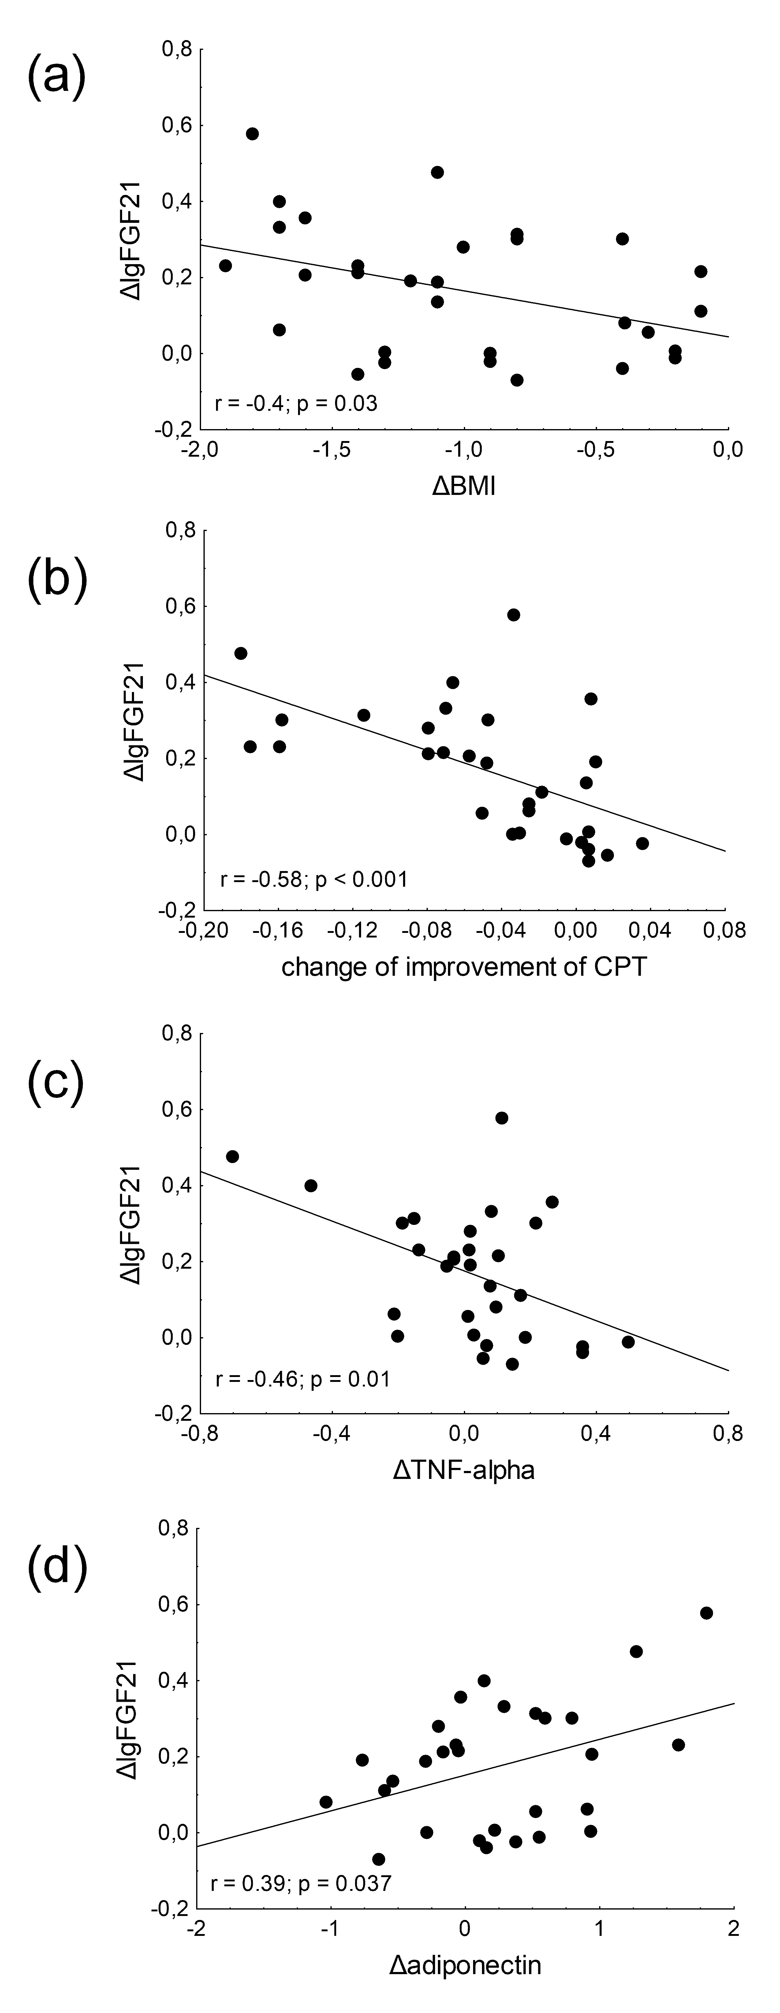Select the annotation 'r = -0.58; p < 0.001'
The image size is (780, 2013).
[x=314, y=879]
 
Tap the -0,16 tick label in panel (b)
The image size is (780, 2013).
[x=278, y=931]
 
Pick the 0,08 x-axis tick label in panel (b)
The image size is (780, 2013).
[x=725, y=931]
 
